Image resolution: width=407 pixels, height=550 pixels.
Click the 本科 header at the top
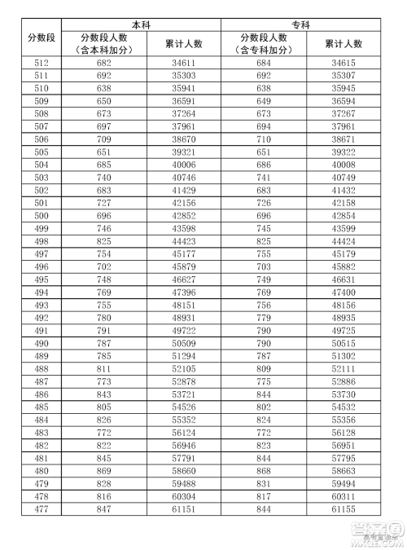point(142,24)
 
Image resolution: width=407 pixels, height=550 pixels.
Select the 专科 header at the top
point(301,24)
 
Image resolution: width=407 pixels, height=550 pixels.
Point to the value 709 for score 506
point(103,139)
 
